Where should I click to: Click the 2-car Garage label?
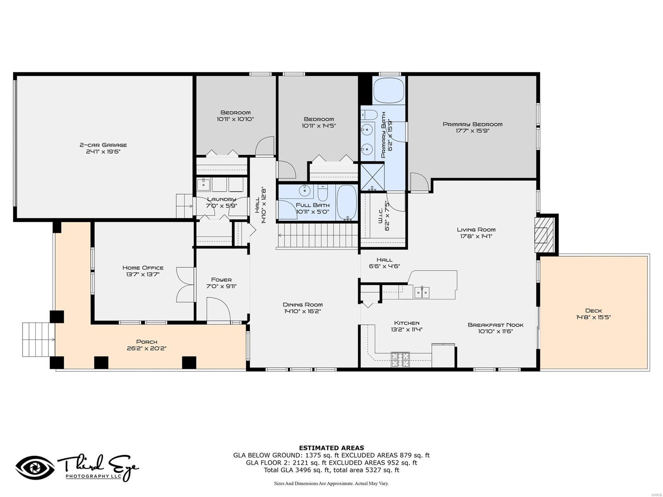103,145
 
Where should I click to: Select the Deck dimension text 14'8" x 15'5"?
593,318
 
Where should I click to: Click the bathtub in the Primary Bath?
388,91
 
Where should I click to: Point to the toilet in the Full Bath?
323,194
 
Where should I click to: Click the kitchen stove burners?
400,359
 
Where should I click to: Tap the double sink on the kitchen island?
422,292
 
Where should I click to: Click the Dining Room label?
302,304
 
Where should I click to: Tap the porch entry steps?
38,340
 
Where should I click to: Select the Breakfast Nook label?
496,325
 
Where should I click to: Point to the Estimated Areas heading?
331,448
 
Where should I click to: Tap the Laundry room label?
222,199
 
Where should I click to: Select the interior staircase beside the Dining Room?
317,236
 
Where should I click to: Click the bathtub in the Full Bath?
346,202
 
